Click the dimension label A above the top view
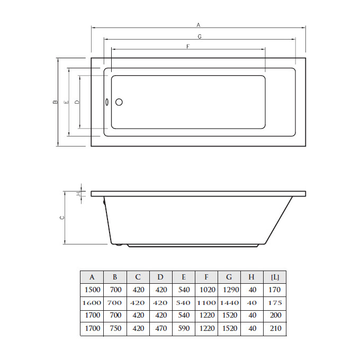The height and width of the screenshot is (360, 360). tap(199, 25)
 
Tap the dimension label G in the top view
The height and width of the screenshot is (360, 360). tap(200, 37)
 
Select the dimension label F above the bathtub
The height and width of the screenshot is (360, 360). tap(188, 47)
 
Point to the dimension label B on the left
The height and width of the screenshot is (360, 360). tap(55, 102)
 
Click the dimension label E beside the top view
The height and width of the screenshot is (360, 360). tap(67, 102)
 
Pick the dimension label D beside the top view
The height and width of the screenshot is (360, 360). tap(77, 102)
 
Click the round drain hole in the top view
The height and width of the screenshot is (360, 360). tap(119, 102)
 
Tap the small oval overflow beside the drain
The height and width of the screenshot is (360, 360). tap(107, 102)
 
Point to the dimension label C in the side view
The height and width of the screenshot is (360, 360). tap(62, 218)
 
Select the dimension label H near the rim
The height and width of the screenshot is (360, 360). tap(78, 194)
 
